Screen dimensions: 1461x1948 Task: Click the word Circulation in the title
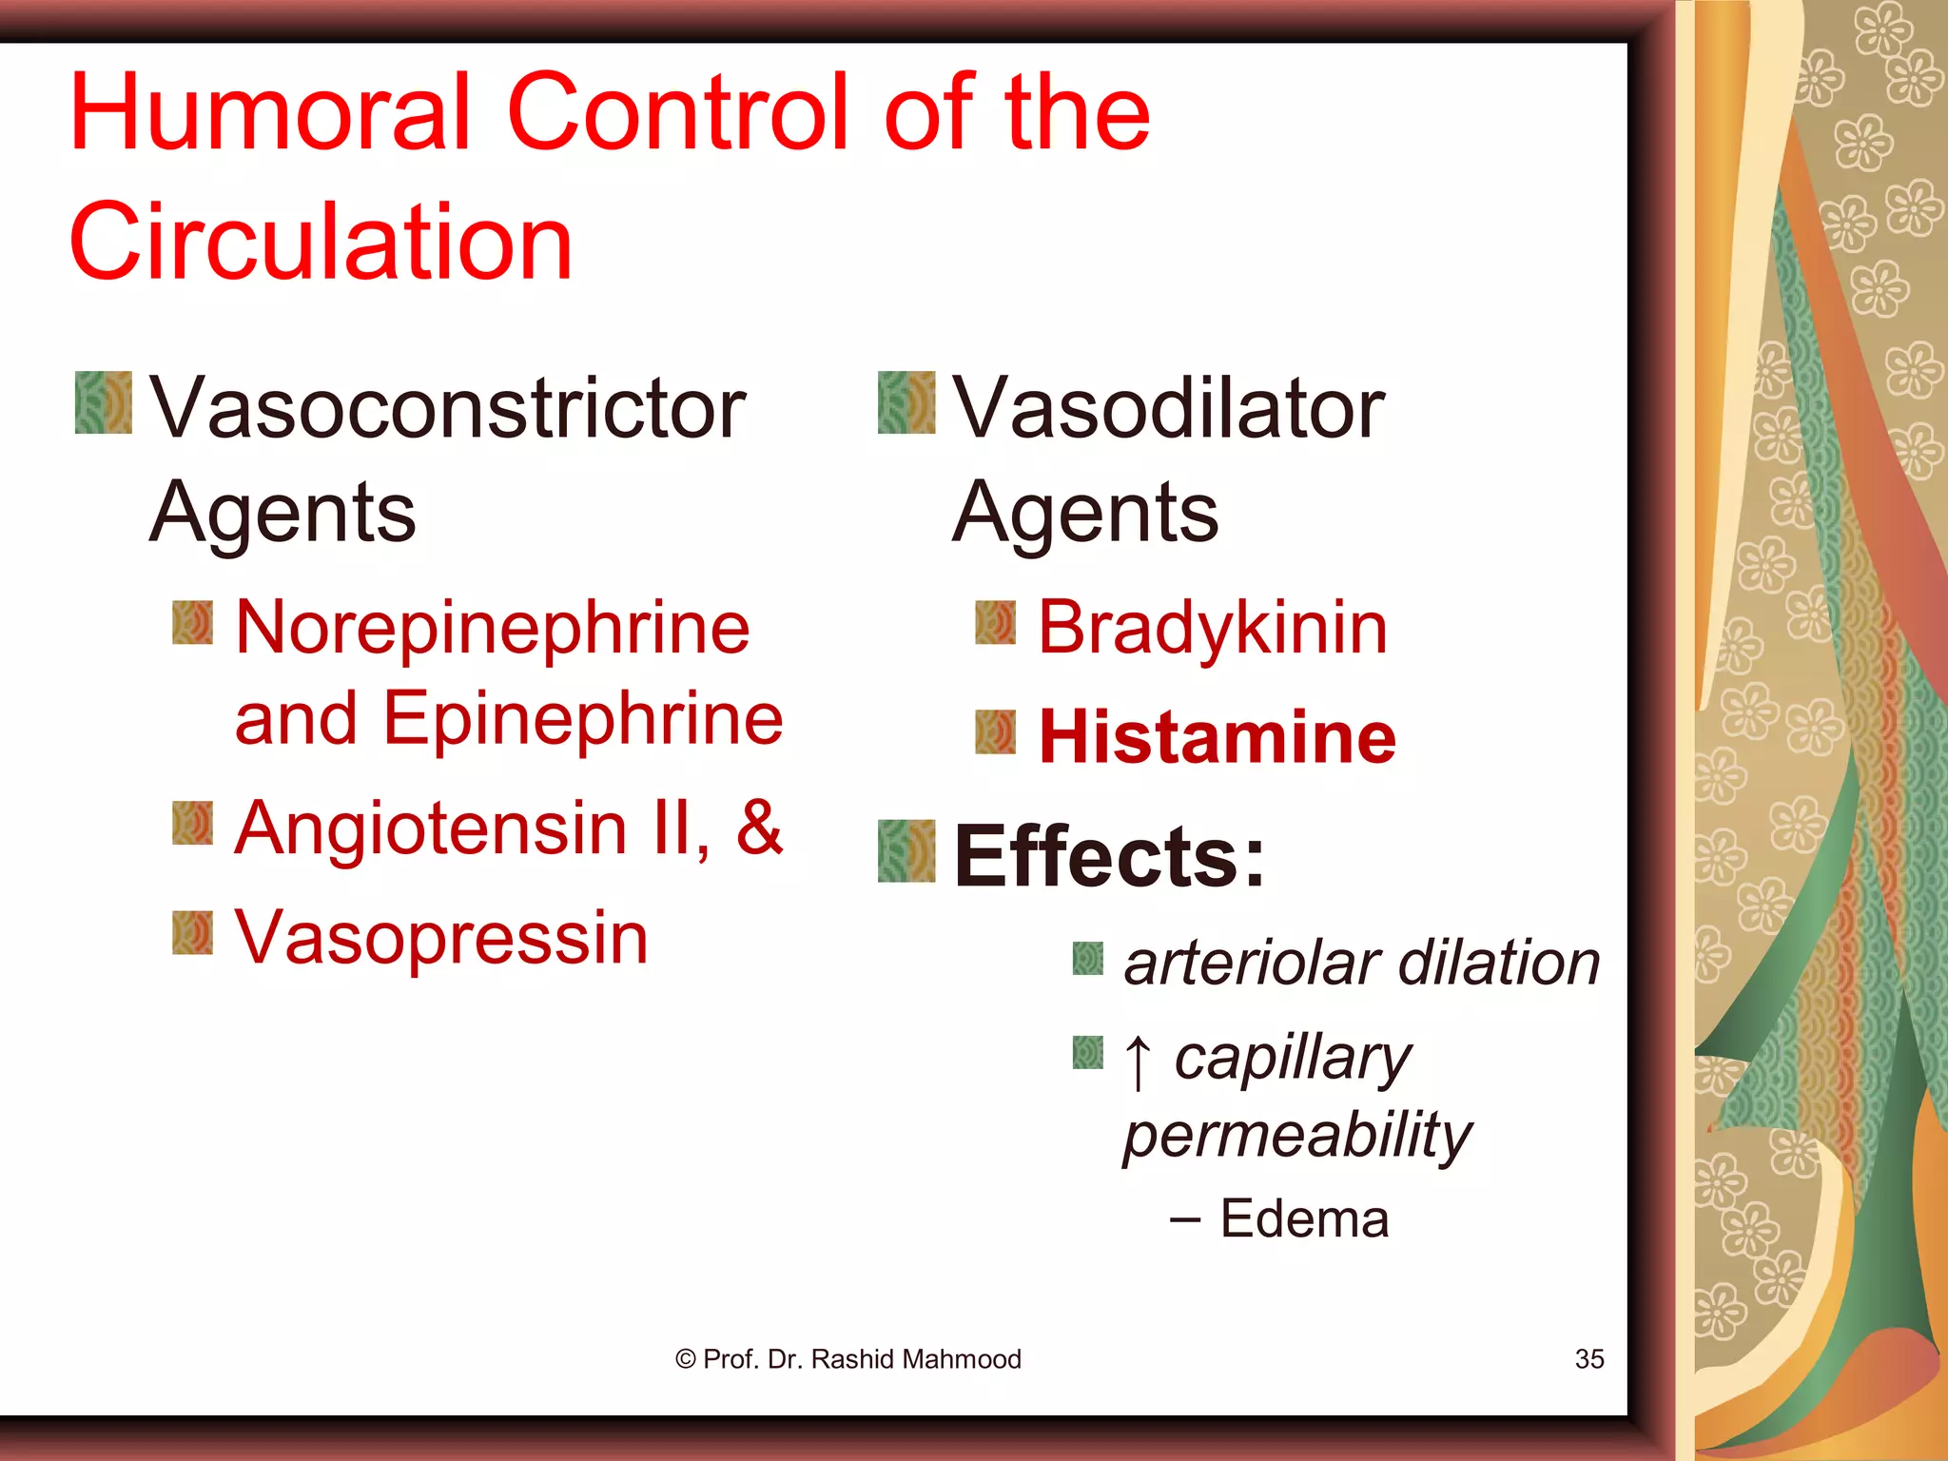321,242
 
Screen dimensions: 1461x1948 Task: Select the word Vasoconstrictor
447,409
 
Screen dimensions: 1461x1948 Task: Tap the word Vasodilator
1168,409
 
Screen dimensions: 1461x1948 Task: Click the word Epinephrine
583,720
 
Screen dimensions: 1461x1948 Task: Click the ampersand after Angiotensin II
759,828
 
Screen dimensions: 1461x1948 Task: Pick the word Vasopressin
441,938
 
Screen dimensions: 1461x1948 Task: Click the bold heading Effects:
1109,856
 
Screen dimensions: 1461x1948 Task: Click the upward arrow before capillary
1138,1062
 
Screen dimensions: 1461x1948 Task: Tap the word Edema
1304,1219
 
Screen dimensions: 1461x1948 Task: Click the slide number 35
1589,1359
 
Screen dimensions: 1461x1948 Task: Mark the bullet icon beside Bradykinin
995,622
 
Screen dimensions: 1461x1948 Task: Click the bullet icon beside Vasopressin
192,933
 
